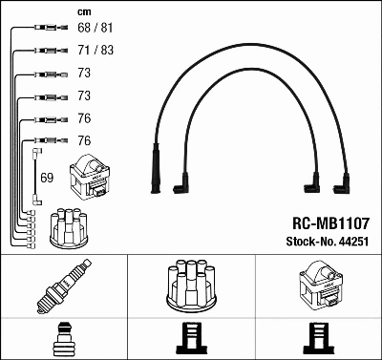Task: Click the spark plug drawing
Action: click(63, 287)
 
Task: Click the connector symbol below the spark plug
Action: click(63, 339)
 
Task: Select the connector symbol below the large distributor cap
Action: click(190, 339)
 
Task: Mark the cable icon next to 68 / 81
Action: click(42, 31)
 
